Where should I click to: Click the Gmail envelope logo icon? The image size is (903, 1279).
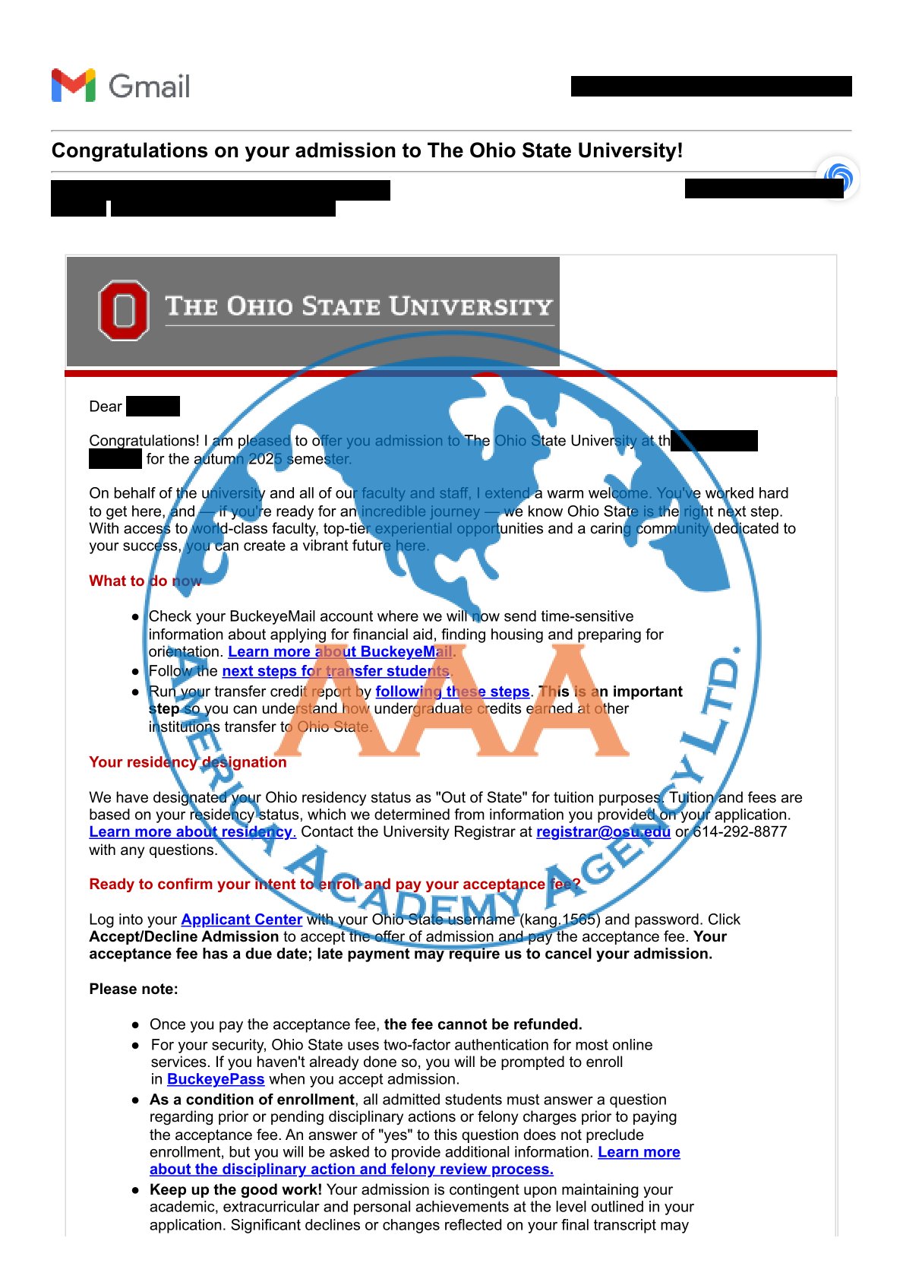point(74,85)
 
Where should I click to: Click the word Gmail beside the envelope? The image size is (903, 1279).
point(150,87)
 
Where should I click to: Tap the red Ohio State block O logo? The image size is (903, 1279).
point(124,310)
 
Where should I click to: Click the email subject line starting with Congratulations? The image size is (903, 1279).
point(367,150)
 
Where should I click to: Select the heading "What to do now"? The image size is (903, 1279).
point(145,581)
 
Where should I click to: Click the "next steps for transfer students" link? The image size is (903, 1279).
point(336,671)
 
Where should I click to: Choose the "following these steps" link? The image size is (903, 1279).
point(452,692)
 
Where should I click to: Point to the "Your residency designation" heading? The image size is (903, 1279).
point(188,762)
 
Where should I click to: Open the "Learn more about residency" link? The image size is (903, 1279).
point(192,832)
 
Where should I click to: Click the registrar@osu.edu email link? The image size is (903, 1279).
point(603,832)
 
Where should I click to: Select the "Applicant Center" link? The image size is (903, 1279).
point(242,920)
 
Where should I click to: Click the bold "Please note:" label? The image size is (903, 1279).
point(134,989)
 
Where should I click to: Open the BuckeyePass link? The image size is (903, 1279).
point(216,1079)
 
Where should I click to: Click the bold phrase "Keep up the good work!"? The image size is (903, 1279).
point(235,1189)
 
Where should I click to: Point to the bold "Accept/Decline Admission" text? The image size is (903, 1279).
point(184,937)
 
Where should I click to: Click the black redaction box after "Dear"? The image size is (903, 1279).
point(153,407)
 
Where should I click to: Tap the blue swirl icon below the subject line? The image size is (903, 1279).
point(838,178)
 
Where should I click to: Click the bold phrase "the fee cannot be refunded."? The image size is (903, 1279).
point(483,1024)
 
